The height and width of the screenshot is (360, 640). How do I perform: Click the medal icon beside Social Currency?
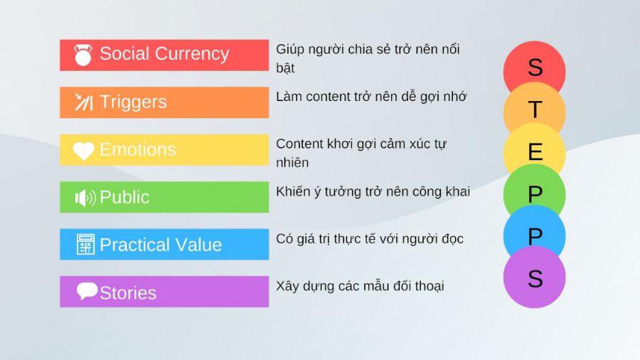click(83, 55)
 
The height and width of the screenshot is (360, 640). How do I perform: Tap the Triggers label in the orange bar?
click(133, 102)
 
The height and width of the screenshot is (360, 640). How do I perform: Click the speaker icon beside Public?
click(85, 198)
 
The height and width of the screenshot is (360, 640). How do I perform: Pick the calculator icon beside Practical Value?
click(85, 245)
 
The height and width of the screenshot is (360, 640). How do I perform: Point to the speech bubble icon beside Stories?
click(87, 291)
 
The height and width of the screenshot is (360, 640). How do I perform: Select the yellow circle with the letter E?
click(535, 151)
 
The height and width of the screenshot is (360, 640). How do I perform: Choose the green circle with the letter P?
click(535, 192)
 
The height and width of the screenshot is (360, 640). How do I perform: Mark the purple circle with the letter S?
click(535, 277)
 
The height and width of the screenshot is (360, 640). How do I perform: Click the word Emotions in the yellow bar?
click(137, 149)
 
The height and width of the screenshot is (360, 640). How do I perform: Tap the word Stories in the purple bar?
click(128, 292)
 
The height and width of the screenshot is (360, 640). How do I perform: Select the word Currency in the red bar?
click(193, 54)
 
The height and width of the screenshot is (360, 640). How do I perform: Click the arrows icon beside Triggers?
click(84, 102)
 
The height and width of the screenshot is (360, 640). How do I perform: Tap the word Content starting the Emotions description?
click(300, 144)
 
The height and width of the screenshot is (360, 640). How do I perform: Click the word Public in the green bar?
click(124, 197)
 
